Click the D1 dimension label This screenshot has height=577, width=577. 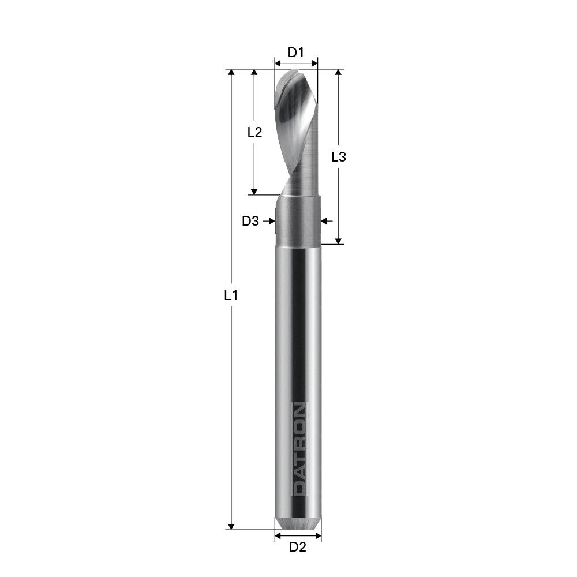pos(296,52)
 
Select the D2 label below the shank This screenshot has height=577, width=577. pos(297,547)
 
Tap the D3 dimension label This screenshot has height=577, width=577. pos(250,220)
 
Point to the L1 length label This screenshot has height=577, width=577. pos(231,295)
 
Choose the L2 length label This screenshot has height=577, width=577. pos(254,132)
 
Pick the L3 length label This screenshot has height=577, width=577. pos(339,156)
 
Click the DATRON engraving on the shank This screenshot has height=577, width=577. pos(299,449)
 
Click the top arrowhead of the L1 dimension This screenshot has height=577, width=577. pos(231,73)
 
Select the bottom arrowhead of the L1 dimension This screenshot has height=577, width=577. pos(231,526)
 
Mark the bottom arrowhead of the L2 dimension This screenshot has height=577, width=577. pos(254,191)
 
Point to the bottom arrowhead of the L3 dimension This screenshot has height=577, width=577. pos(339,240)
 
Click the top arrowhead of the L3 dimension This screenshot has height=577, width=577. pos(339,73)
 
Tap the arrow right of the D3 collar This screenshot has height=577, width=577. pos(325,220)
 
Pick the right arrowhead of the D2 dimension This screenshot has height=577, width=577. pos(318,536)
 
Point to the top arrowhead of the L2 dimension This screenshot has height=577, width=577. pos(254,73)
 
